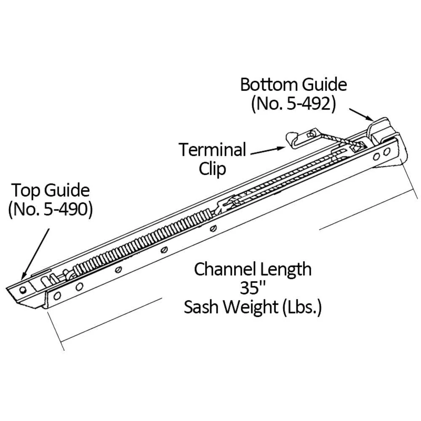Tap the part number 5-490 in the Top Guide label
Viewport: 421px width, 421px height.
pyautogui.click(x=67, y=209)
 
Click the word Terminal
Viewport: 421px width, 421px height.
pyautogui.click(x=212, y=149)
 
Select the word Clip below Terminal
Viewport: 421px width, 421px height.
pyautogui.click(x=212, y=169)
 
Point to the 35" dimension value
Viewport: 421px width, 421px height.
pyautogui.click(x=252, y=288)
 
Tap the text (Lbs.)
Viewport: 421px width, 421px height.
pyautogui.click(x=302, y=307)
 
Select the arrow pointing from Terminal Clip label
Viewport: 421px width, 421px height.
pyautogui.click(x=268, y=151)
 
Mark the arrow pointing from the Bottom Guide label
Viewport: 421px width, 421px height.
pyautogui.click(x=361, y=115)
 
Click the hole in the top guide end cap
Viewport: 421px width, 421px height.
pyautogui.click(x=23, y=290)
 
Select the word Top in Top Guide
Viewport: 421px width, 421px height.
pyautogui.click(x=26, y=191)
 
